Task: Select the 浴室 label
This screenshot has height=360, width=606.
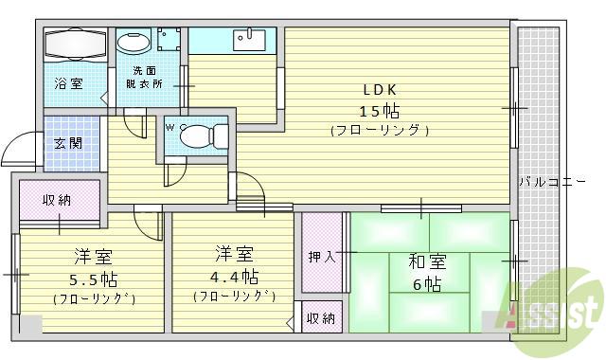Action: [67, 83]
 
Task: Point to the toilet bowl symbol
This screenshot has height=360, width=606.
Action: [194, 135]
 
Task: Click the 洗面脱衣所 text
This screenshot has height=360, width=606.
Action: [144, 77]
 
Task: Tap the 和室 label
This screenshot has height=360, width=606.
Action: [428, 261]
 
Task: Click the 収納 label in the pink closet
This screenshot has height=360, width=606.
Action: [58, 200]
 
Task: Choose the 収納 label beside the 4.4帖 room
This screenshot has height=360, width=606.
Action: [320, 318]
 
